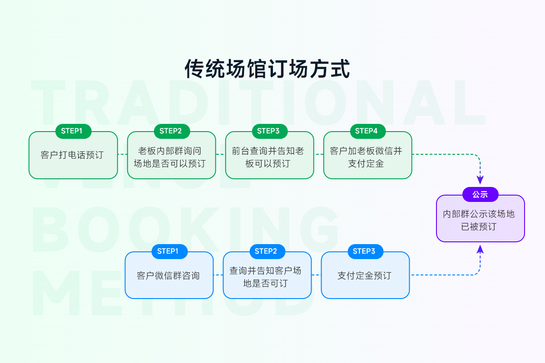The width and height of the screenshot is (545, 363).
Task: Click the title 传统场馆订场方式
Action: coord(268,69)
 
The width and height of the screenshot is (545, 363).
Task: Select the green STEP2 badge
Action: coord(171,131)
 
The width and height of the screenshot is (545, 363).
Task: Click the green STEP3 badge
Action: coord(268,131)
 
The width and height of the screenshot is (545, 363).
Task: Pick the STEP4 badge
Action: coord(367,131)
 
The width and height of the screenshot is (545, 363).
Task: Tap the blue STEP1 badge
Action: coord(168,251)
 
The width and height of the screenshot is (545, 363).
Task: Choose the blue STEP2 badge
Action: coord(266,251)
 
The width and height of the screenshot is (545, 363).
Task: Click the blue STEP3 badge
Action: coord(364,251)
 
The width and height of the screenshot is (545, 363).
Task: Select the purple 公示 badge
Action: coord(480,195)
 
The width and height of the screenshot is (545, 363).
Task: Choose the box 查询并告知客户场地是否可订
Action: coord(267,277)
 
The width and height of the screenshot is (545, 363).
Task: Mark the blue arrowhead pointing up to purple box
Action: coord(480,249)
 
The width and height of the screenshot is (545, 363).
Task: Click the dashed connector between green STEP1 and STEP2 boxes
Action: coord(122,154)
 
